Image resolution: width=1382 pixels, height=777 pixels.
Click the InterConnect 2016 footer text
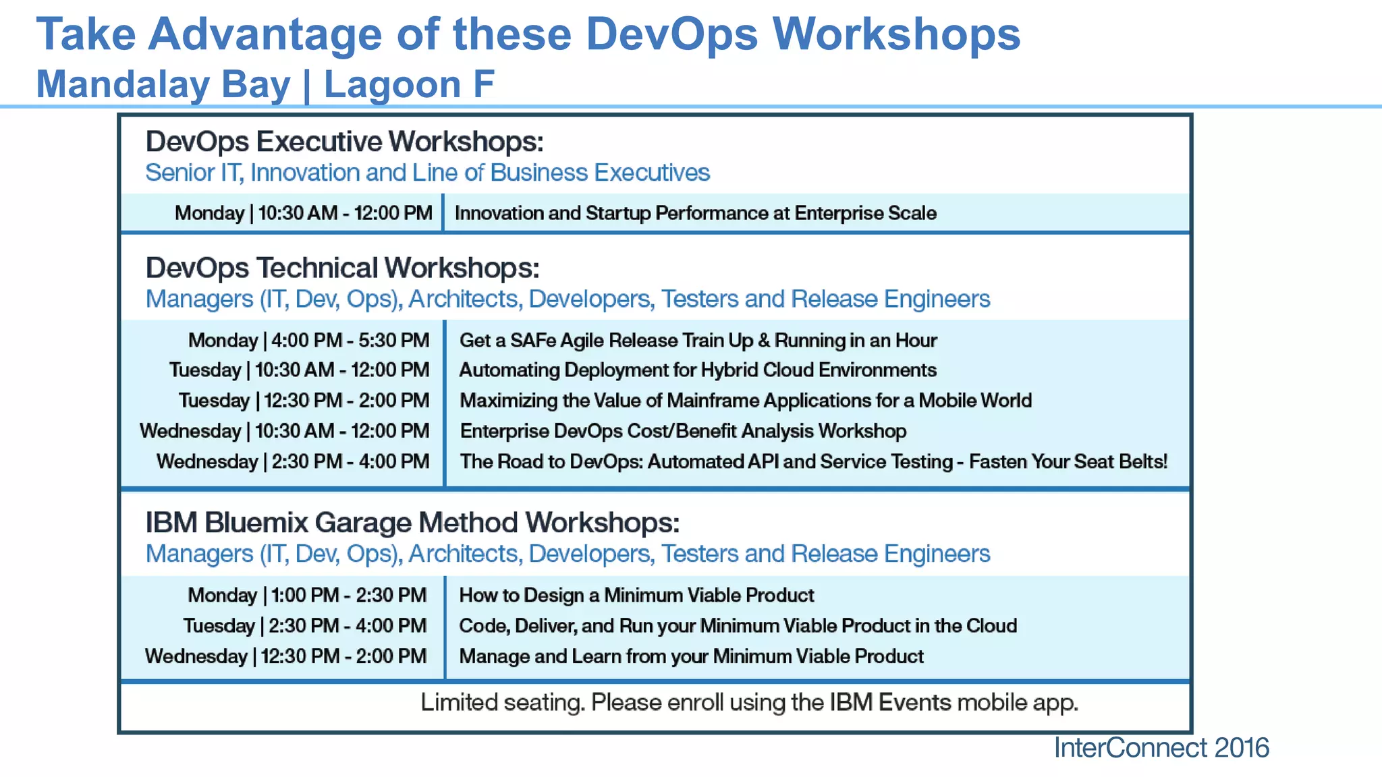(x=1161, y=748)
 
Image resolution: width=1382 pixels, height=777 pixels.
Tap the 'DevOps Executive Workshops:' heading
(x=344, y=142)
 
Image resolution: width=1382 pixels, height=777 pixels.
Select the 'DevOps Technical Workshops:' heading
(x=342, y=268)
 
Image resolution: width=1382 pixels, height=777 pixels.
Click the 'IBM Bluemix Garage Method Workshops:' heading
(x=412, y=523)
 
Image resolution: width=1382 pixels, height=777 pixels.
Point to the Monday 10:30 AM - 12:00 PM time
(x=303, y=213)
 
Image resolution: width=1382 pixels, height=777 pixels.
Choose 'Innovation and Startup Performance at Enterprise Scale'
(x=695, y=213)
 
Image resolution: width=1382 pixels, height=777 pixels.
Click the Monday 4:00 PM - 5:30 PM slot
(x=308, y=340)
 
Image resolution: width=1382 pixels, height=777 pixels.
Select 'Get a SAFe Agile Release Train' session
(x=698, y=340)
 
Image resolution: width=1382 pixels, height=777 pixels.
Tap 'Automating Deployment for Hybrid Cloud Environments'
(x=698, y=370)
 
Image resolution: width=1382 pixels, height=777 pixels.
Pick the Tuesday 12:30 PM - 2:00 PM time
(x=304, y=401)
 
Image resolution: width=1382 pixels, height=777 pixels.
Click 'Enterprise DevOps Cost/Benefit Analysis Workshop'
(x=683, y=431)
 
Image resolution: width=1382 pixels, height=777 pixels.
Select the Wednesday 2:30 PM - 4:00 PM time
(x=293, y=461)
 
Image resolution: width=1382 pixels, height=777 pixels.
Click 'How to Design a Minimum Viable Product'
(x=636, y=595)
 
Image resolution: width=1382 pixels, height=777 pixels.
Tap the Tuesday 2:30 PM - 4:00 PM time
(x=304, y=626)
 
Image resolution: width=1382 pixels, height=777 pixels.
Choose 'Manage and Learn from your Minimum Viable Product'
(x=691, y=656)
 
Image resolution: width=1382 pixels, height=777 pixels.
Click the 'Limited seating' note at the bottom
(x=749, y=703)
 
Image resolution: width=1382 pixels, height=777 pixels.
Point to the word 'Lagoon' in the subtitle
(x=392, y=84)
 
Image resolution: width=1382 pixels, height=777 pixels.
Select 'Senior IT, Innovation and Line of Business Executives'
(x=427, y=173)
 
